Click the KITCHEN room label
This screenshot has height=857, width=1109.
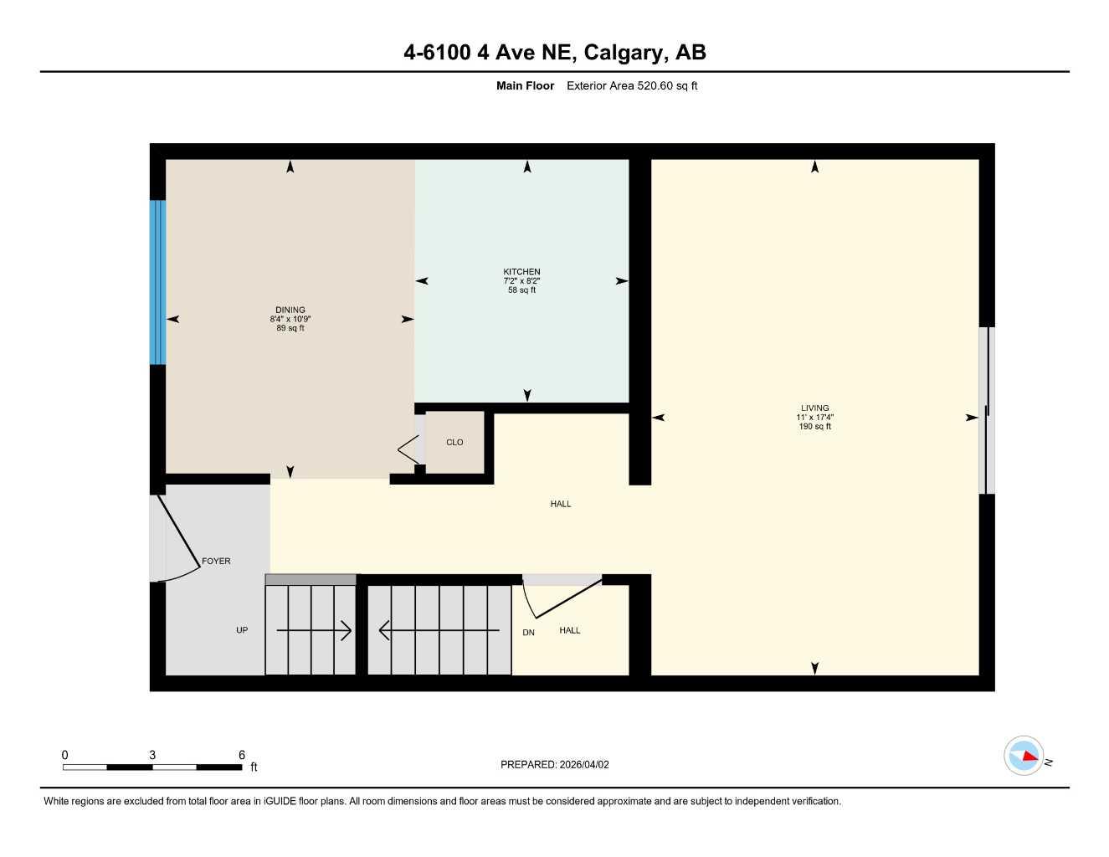point(521,272)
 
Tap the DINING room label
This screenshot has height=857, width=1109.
point(290,310)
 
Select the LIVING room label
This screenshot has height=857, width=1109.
point(814,408)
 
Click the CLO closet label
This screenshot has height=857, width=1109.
point(454,443)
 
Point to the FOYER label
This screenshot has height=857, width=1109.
point(216,562)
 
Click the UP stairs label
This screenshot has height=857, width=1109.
point(242,630)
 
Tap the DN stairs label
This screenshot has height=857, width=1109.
point(528,633)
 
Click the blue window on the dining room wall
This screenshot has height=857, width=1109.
point(157,282)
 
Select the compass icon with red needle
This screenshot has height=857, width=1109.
point(1024,756)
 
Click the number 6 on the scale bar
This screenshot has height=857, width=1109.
point(242,755)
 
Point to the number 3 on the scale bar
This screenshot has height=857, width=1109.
point(152,755)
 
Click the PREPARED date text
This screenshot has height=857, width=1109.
point(554,765)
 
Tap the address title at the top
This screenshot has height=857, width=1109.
point(554,53)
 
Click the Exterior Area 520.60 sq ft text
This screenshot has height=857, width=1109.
point(632,85)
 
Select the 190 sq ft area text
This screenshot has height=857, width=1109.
point(814,427)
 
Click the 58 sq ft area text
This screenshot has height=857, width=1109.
point(521,290)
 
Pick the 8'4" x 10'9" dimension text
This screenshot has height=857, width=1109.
point(290,320)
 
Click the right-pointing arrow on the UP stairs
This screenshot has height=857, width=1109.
point(314,630)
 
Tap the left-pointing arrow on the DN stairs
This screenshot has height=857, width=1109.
point(439,630)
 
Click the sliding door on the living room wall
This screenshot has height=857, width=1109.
point(987,410)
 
